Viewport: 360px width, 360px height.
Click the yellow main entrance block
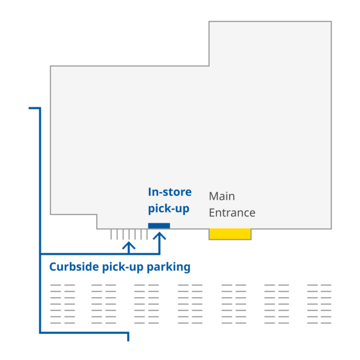(x=230, y=234)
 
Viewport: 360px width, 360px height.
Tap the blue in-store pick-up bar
(x=159, y=226)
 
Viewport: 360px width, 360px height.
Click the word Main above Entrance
(x=222, y=196)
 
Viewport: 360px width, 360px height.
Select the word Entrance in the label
(x=232, y=213)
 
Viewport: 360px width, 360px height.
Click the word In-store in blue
(x=169, y=192)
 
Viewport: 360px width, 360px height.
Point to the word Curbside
(x=73, y=267)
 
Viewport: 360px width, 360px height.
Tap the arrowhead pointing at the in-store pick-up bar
(x=159, y=235)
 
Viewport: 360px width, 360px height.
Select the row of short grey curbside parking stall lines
(x=129, y=234)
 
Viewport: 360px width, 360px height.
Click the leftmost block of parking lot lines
(x=63, y=304)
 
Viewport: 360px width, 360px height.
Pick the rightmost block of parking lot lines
(x=319, y=304)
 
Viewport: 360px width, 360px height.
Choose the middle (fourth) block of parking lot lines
(x=190, y=304)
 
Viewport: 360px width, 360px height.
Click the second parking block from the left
(x=104, y=304)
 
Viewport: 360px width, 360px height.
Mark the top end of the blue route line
(x=30, y=108)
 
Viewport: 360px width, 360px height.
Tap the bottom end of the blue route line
(x=128, y=340)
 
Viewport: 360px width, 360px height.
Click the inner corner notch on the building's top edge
(x=209, y=66)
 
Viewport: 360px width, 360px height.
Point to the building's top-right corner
(x=331, y=22)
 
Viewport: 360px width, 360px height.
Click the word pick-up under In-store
(x=168, y=209)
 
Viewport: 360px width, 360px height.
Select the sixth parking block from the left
(x=277, y=304)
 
